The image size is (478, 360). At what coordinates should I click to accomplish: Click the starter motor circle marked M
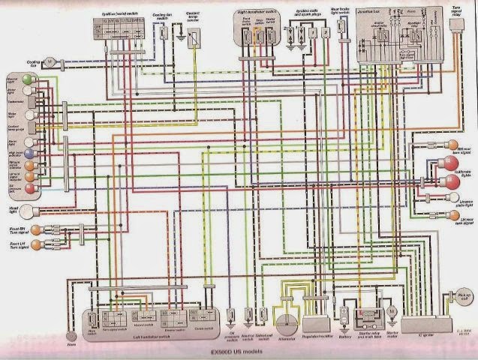coord(391,310)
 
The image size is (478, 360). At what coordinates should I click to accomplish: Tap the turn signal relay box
coord(455,25)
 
